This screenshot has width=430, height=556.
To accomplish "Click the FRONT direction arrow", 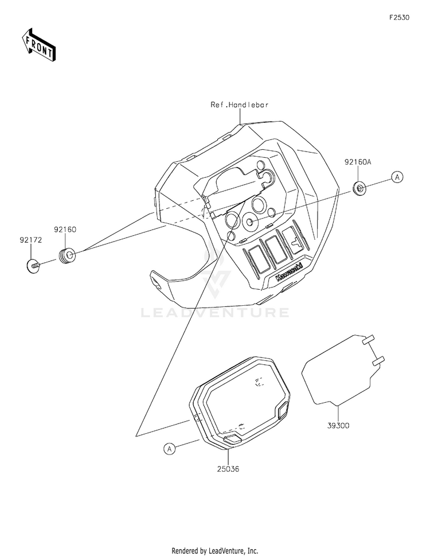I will (38, 44).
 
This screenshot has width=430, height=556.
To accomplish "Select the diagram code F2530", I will (400, 18).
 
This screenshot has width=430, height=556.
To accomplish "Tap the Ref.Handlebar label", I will (239, 105).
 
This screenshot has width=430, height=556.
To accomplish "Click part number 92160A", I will (358, 162).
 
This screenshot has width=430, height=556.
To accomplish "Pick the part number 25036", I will (228, 468).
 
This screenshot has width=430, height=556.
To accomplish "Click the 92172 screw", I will (34, 266).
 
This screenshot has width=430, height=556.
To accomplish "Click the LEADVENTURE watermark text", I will (216, 313).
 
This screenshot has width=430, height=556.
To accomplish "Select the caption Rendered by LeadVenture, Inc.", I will (215, 550).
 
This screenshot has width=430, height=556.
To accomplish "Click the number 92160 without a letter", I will (65, 229).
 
